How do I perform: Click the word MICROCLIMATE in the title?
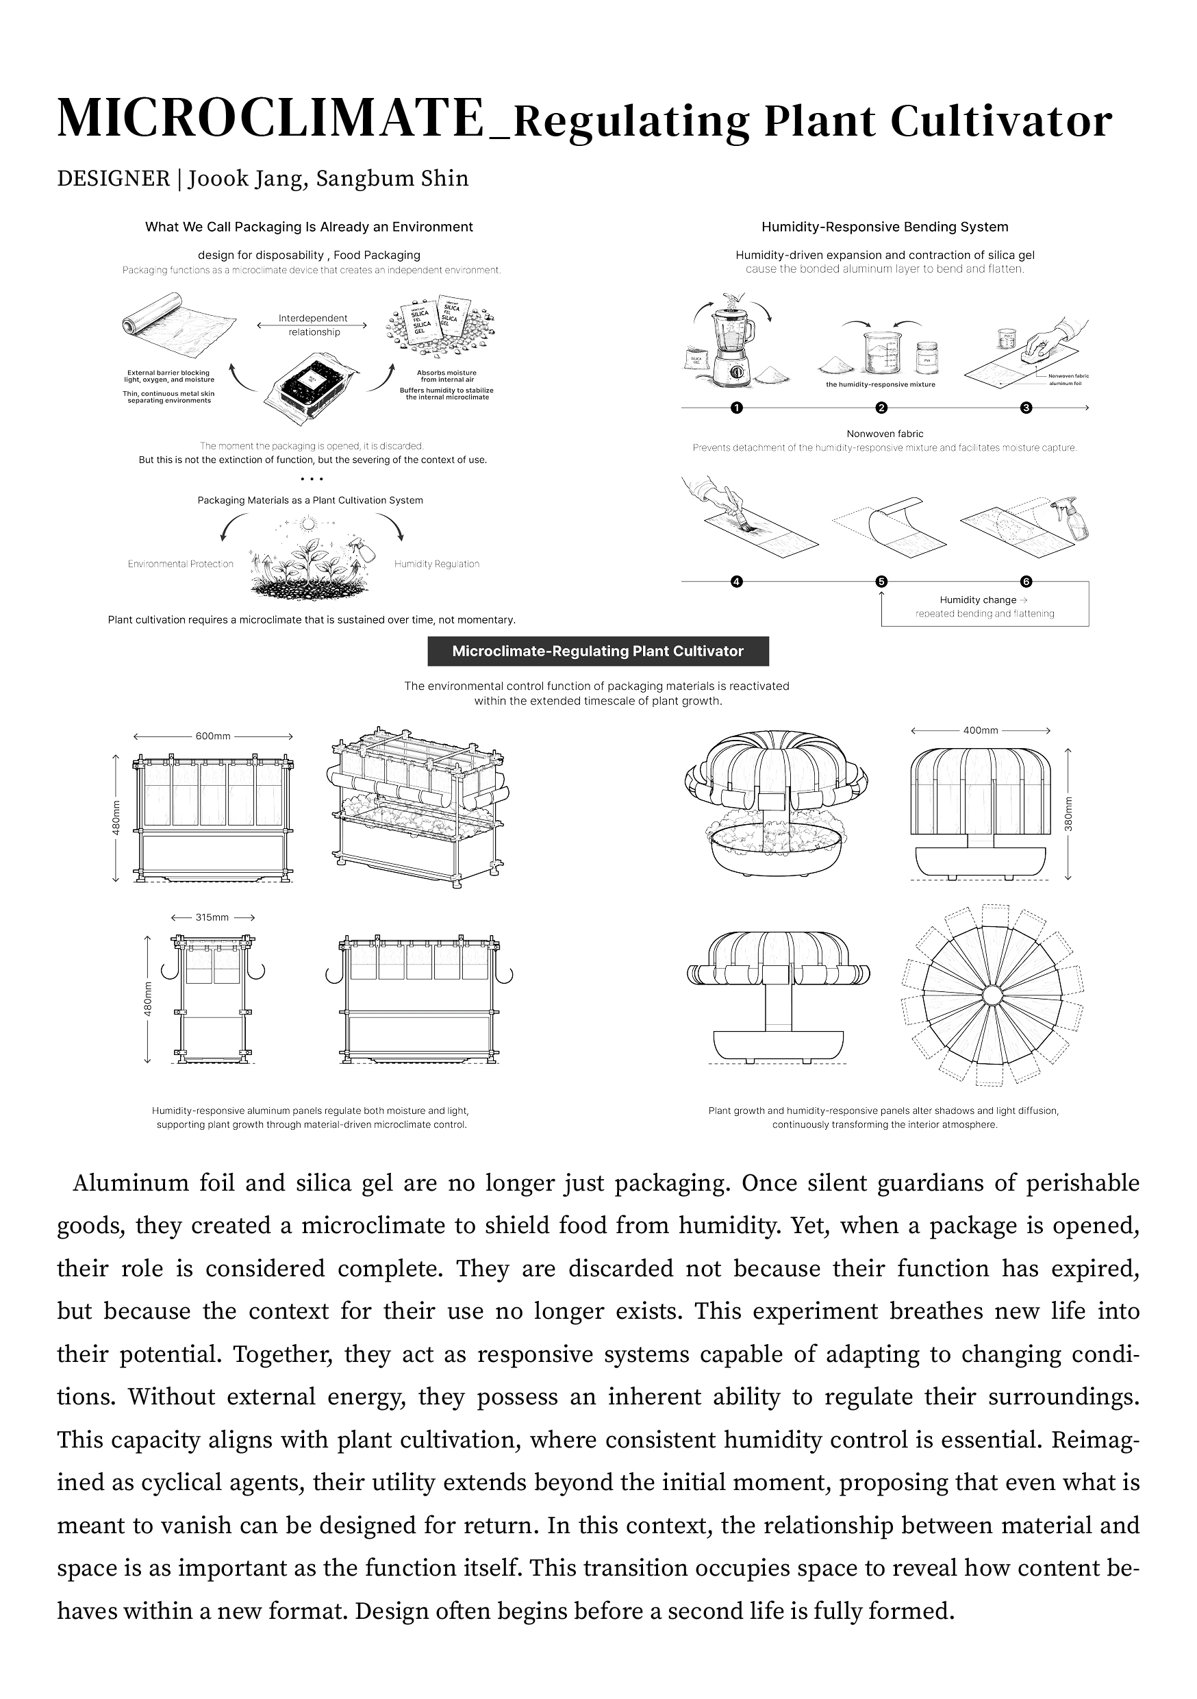270,119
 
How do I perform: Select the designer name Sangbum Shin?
392,178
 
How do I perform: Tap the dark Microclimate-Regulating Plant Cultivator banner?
598,652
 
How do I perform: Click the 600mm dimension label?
213,736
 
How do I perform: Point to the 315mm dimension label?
212,917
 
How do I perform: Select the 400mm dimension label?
980,730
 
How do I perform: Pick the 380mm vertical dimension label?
1068,814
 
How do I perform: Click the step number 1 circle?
736,408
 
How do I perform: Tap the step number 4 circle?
736,582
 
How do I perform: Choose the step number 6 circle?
1025,582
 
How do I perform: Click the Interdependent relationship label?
313,325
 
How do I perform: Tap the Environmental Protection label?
181,564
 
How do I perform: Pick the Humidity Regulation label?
436,564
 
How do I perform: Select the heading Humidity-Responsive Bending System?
885,227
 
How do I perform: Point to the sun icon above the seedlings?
309,525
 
